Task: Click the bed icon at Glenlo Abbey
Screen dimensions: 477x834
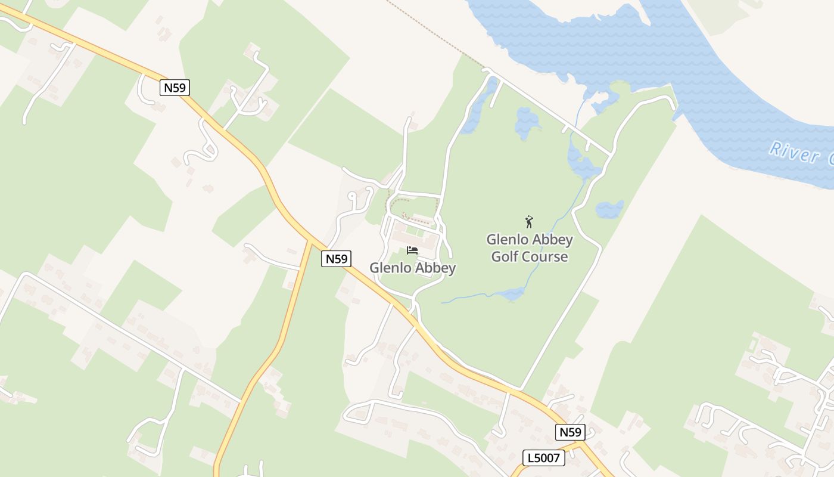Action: [x=412, y=250]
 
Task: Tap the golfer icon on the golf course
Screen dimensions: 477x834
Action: [x=529, y=222]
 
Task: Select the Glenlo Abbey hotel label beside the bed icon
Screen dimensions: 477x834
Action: [x=412, y=268]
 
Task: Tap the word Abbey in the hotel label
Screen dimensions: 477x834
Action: [x=435, y=268]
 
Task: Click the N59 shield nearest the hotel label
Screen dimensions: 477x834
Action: [x=336, y=259]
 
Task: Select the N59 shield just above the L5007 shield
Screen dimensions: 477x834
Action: [x=570, y=432]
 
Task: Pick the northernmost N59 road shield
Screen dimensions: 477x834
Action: [x=175, y=88]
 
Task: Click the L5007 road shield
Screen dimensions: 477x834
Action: [x=543, y=458]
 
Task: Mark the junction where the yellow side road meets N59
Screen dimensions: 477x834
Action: [x=310, y=241]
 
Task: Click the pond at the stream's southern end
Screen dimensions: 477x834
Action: [x=512, y=293]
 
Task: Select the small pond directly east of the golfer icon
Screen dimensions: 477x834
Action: [x=609, y=209]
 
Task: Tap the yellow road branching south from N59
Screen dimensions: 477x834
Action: [x=280, y=346]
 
